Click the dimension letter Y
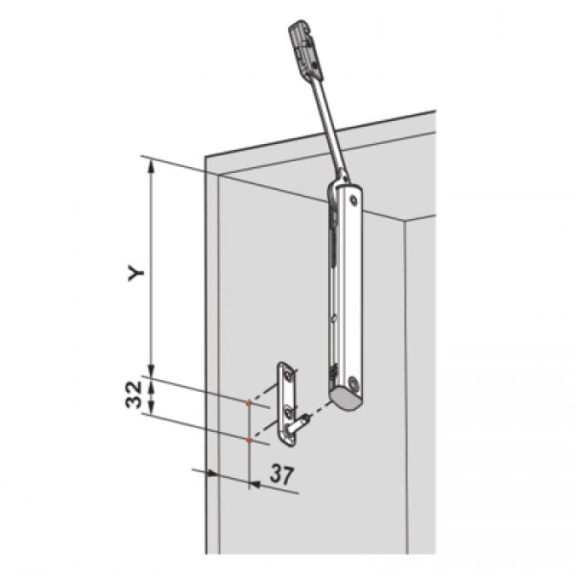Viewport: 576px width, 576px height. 138,272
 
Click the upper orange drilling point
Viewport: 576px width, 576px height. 250,403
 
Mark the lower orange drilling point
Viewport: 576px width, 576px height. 250,440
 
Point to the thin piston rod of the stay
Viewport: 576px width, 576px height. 324,125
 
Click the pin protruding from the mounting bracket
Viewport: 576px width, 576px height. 304,418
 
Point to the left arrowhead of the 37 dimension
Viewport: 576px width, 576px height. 197,470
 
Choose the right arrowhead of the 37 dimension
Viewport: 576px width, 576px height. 252,483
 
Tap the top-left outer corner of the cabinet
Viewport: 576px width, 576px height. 204,158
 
